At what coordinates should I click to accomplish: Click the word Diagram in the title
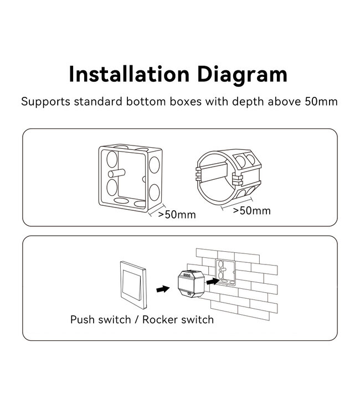tap(239, 74)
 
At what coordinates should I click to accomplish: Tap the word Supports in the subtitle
tap(43, 102)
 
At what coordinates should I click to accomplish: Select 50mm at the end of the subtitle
tap(322, 102)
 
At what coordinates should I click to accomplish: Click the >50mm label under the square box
tap(177, 215)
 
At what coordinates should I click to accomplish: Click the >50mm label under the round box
tap(251, 211)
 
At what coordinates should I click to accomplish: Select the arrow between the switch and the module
tap(162, 289)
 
